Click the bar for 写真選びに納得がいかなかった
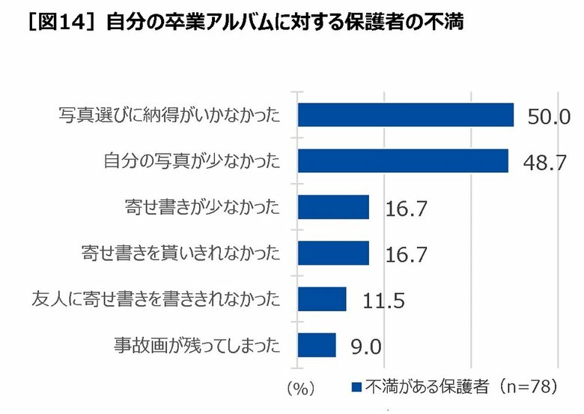click(x=405, y=115)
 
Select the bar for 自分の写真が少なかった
click(x=403, y=160)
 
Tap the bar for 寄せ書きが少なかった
click(x=333, y=207)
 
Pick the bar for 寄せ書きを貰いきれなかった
click(x=333, y=253)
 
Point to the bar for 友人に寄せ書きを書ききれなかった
click(x=322, y=299)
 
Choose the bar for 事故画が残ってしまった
click(x=317, y=345)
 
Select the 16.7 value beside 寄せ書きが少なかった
click(x=406, y=209)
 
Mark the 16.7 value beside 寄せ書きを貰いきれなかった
click(x=406, y=255)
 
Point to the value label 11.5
click(x=383, y=301)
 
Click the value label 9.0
click(x=367, y=347)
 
